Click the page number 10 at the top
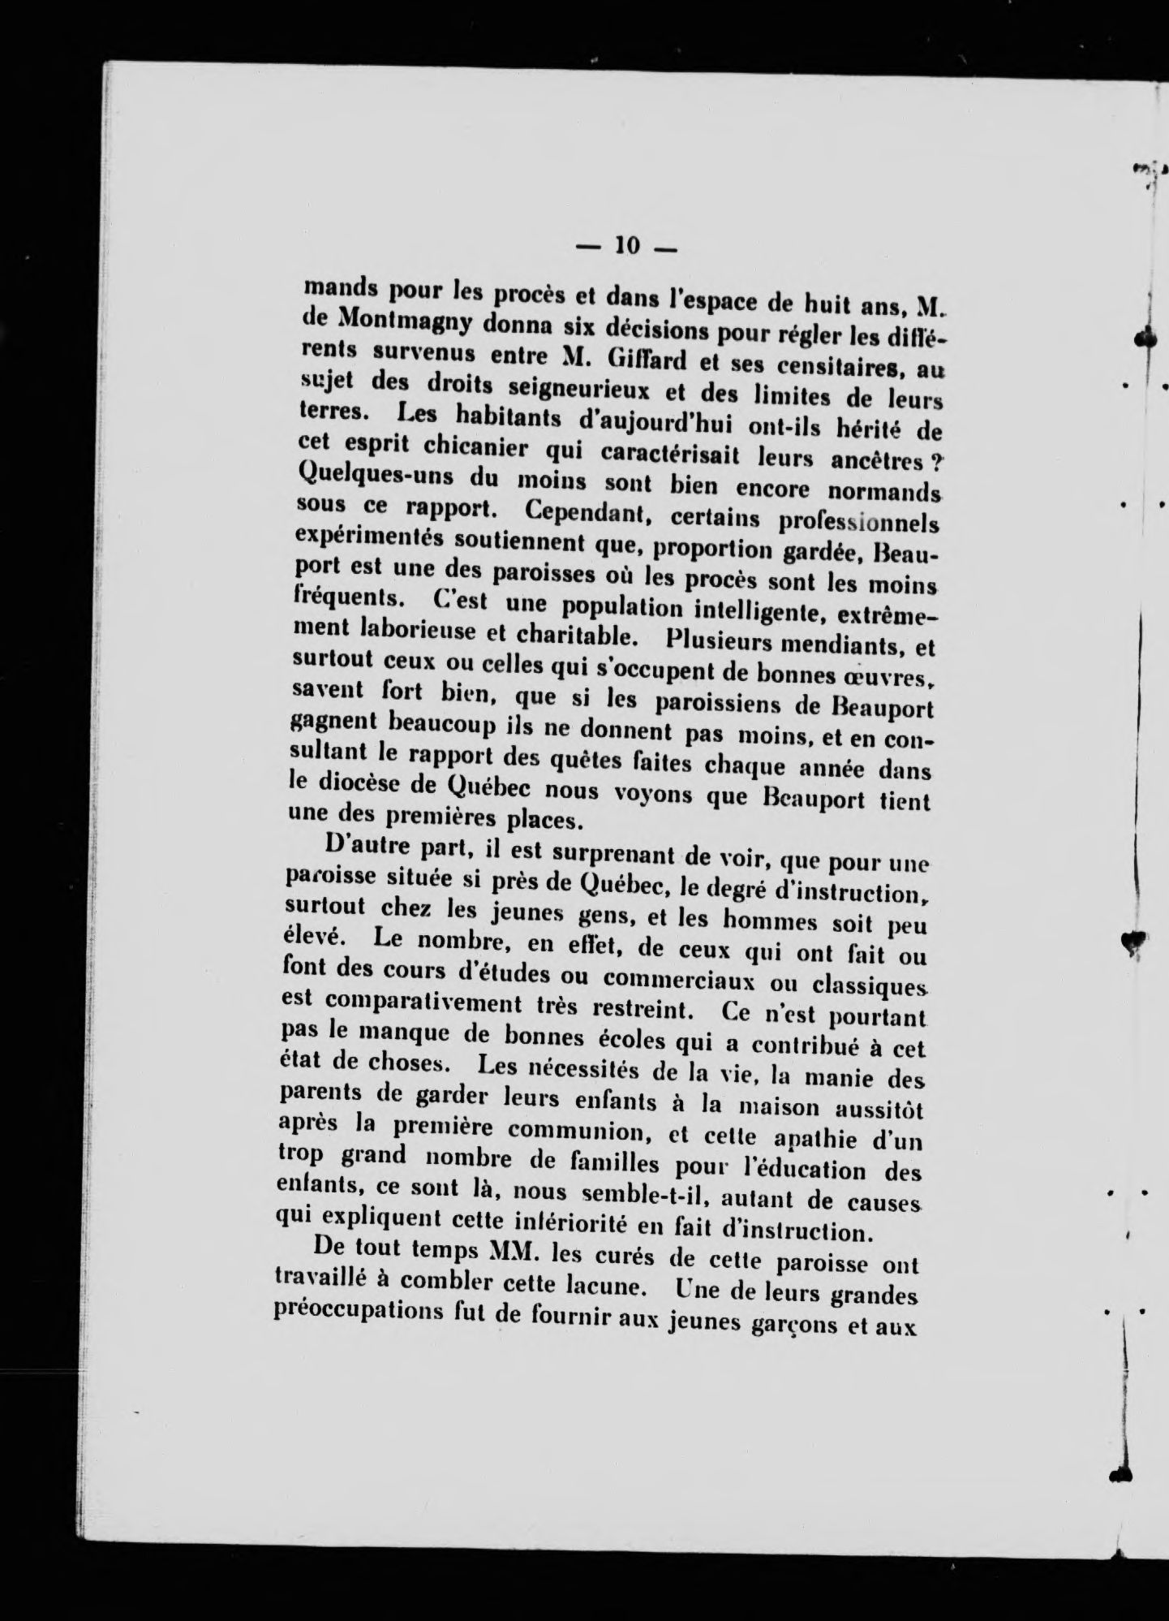tap(629, 244)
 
